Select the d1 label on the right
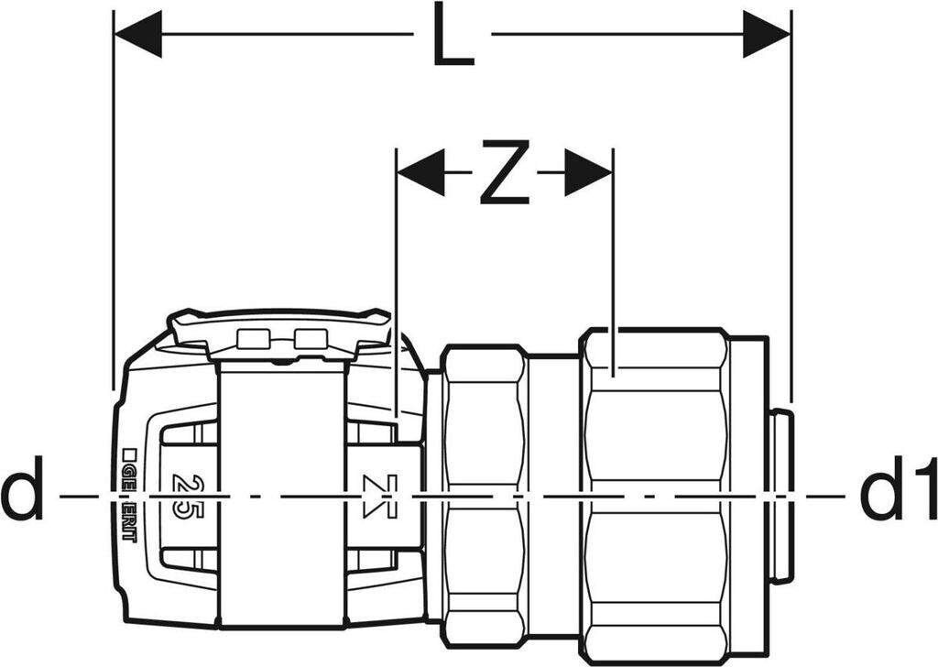point(898,496)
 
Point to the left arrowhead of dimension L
point(137,34)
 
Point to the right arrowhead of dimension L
point(766,34)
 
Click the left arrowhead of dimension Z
point(420,173)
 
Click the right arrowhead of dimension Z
point(588,173)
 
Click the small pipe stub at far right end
point(780,496)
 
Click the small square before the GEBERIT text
point(127,453)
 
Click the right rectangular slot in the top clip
point(310,338)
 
